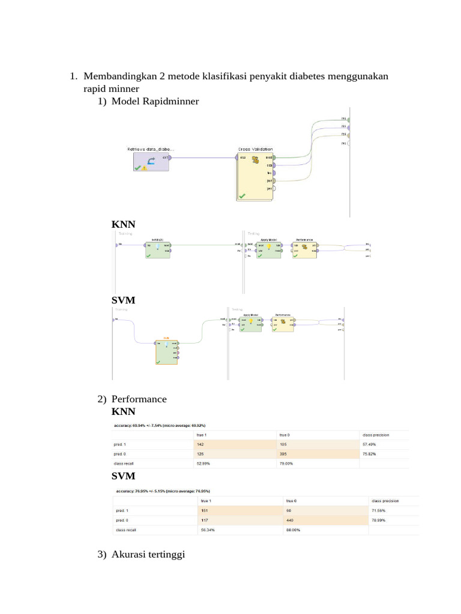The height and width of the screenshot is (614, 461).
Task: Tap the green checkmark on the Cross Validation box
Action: click(242, 195)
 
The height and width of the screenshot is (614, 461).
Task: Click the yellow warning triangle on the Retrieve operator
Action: click(145, 168)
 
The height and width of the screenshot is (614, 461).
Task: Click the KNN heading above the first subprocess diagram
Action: click(123, 224)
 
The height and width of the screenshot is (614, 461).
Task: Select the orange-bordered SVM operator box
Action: click(166, 351)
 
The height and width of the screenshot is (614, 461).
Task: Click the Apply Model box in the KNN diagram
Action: click(268, 249)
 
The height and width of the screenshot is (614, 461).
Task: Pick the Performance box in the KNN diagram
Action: click(304, 249)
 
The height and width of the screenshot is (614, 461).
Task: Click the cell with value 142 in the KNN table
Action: click(234, 444)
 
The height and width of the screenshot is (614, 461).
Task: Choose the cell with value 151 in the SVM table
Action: click(240, 510)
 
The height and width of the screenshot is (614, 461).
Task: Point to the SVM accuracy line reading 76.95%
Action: click(162, 490)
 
